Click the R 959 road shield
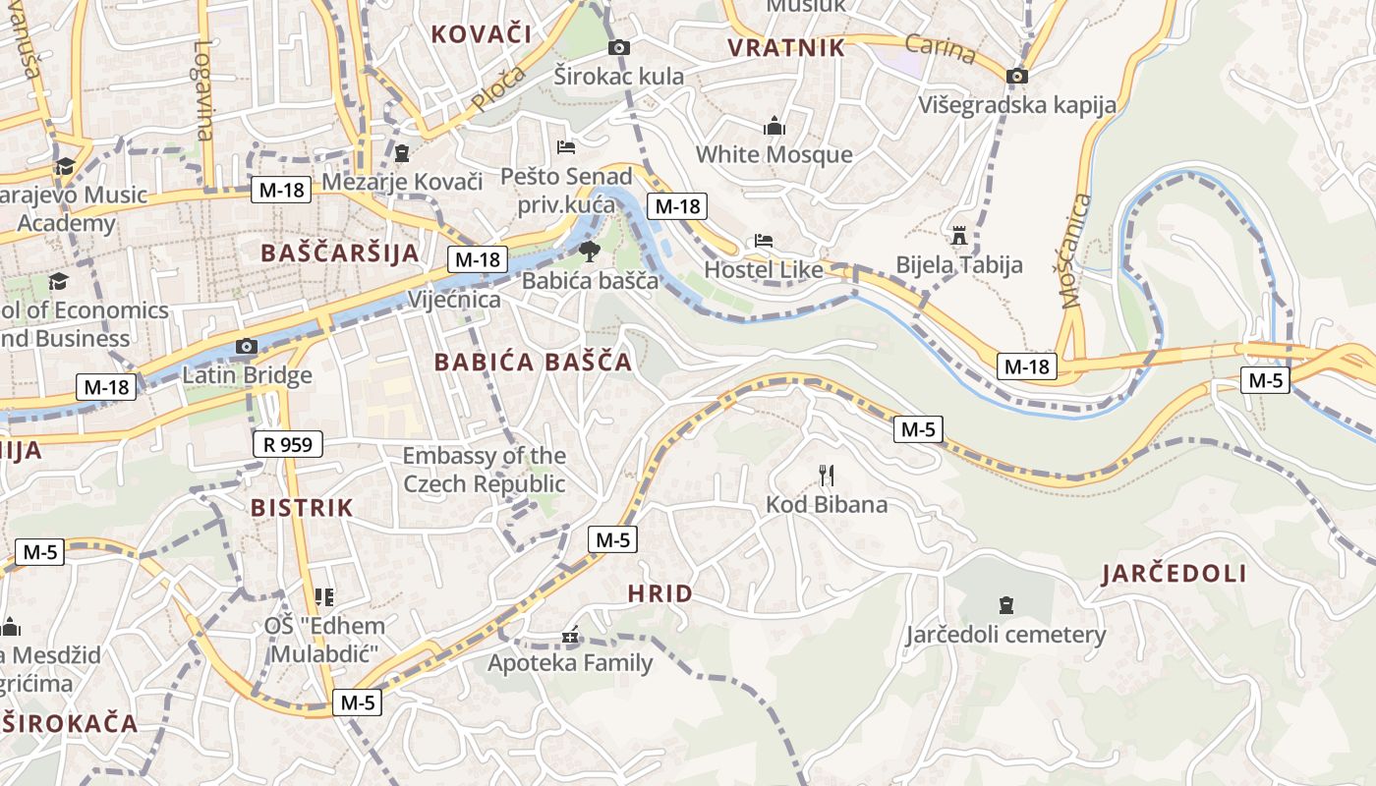point(288,445)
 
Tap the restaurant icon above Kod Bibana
point(827,477)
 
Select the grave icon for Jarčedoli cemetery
point(1005,604)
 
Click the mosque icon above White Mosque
point(774,126)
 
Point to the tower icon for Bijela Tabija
point(959,236)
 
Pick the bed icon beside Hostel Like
point(764,241)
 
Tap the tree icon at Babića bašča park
point(589,252)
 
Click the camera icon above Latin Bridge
point(247,346)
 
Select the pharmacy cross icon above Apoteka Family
point(570,636)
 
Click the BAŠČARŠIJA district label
point(340,253)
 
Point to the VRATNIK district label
point(786,48)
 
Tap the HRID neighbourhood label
point(659,593)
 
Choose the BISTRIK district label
point(302,508)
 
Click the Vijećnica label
point(454,300)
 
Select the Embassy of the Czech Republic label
point(485,470)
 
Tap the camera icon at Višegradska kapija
point(1017,76)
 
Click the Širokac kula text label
point(619,76)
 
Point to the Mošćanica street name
point(1078,251)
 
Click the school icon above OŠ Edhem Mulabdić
point(324,596)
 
